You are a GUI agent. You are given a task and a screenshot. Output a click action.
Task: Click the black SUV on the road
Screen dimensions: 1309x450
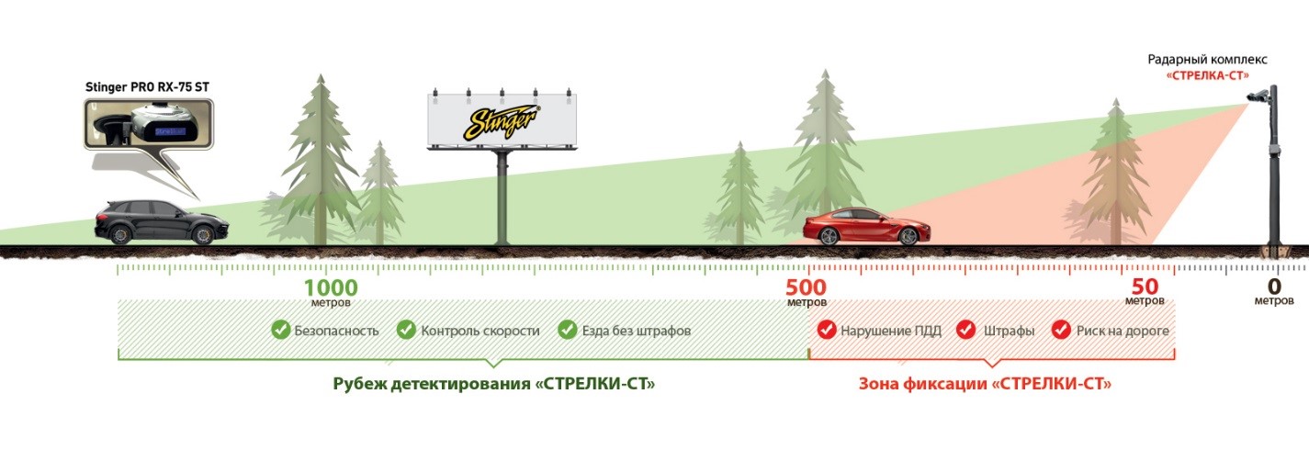point(162,222)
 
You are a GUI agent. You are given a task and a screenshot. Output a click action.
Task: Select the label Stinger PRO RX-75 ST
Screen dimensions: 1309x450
point(147,87)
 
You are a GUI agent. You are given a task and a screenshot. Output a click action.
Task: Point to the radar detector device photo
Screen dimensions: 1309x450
point(149,124)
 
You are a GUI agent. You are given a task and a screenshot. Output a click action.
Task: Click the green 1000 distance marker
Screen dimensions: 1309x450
point(331,287)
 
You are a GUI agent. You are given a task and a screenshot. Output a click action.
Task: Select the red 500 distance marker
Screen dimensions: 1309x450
point(806,287)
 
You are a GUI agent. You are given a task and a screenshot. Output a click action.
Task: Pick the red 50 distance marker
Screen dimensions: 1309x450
point(1145,287)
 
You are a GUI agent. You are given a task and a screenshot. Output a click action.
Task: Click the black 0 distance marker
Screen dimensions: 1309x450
point(1274,287)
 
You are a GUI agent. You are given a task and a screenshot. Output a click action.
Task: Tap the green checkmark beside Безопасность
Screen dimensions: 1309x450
point(281,330)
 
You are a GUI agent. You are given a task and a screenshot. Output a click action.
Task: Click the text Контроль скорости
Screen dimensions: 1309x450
point(480,331)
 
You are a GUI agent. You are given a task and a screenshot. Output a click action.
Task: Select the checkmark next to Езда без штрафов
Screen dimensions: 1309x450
point(567,330)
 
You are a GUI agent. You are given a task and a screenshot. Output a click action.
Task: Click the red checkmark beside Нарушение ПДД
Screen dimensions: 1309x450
point(827,330)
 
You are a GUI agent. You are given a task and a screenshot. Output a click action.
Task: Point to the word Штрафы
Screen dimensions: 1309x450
point(1009,331)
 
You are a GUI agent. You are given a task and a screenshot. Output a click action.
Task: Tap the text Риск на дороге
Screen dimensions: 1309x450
point(1123,331)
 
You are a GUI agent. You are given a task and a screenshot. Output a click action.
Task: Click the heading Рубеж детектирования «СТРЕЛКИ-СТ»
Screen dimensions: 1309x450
point(494,384)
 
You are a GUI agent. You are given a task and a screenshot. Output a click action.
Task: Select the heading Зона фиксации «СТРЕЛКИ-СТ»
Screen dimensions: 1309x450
point(985,384)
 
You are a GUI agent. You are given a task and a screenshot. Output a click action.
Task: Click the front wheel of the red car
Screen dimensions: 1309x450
point(908,236)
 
